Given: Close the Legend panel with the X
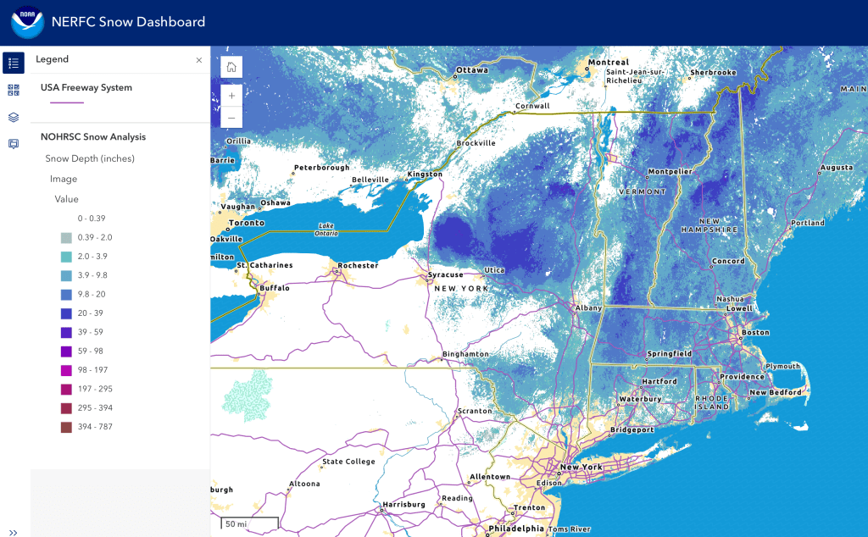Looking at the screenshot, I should (199, 60).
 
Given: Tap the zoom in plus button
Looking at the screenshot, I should (231, 95).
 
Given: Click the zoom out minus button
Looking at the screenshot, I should (231, 117).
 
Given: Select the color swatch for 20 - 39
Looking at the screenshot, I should (66, 313).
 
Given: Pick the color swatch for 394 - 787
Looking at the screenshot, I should (66, 427).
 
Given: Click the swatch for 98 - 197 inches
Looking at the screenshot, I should (66, 370).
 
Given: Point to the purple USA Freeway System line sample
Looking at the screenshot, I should (67, 102).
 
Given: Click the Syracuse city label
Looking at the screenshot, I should (445, 274).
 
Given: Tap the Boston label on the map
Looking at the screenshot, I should (755, 333).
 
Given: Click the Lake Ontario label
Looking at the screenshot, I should (326, 229).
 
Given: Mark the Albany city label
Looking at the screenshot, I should (588, 308).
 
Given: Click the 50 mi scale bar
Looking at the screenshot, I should (249, 523).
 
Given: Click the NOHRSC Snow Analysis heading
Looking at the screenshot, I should (93, 136).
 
